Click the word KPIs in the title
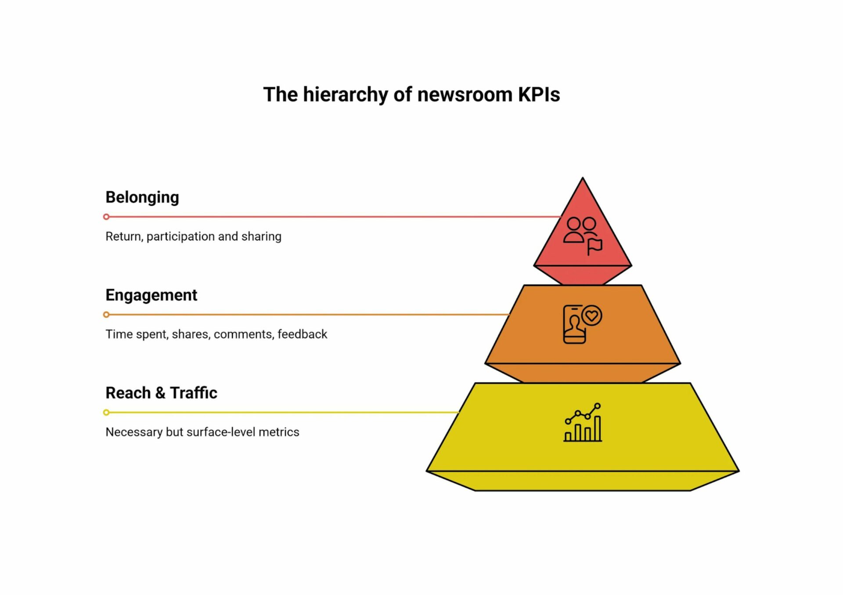click(539, 94)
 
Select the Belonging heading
click(142, 197)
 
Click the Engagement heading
click(151, 295)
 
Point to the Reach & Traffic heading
click(161, 392)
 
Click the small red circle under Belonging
click(106, 217)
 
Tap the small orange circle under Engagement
click(106, 315)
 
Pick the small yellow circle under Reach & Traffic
click(106, 412)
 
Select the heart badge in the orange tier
click(592, 316)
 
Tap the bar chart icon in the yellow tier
click(583, 423)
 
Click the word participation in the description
click(180, 236)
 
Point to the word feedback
click(302, 334)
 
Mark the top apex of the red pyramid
click(583, 179)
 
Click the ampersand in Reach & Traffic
click(160, 392)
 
